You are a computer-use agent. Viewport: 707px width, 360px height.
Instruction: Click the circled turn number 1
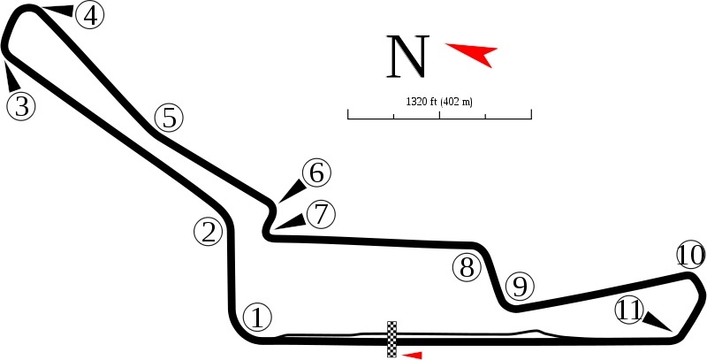(257, 318)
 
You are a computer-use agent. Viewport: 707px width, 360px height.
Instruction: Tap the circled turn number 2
(209, 233)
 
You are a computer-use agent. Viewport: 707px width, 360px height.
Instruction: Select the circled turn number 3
(21, 106)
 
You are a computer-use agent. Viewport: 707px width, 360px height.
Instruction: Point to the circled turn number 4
(90, 15)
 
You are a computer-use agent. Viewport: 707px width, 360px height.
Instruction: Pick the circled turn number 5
(169, 118)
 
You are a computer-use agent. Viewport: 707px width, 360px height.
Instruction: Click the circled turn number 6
(316, 172)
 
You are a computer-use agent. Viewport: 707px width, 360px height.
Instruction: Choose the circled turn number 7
(321, 214)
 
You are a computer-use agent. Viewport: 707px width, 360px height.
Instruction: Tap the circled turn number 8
(467, 267)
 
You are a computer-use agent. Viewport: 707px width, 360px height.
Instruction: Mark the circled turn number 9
(520, 287)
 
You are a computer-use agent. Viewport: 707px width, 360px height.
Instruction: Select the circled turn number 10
(691, 256)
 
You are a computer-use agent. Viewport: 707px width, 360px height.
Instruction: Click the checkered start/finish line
(392, 340)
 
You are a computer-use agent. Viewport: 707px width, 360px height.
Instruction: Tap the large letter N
(407, 57)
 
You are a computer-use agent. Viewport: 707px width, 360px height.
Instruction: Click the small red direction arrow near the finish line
(412, 356)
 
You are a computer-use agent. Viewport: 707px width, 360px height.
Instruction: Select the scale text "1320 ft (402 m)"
(439, 102)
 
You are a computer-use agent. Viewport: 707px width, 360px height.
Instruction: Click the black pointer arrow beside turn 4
(58, 11)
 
